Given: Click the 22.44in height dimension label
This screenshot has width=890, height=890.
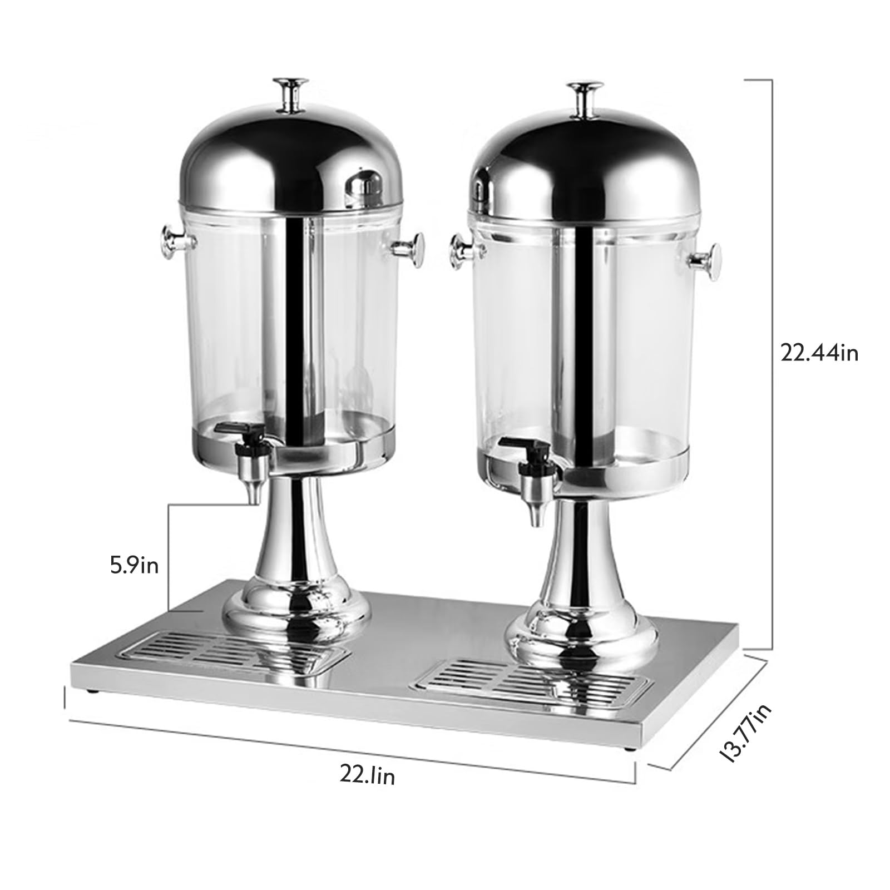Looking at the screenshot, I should pos(819,353).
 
